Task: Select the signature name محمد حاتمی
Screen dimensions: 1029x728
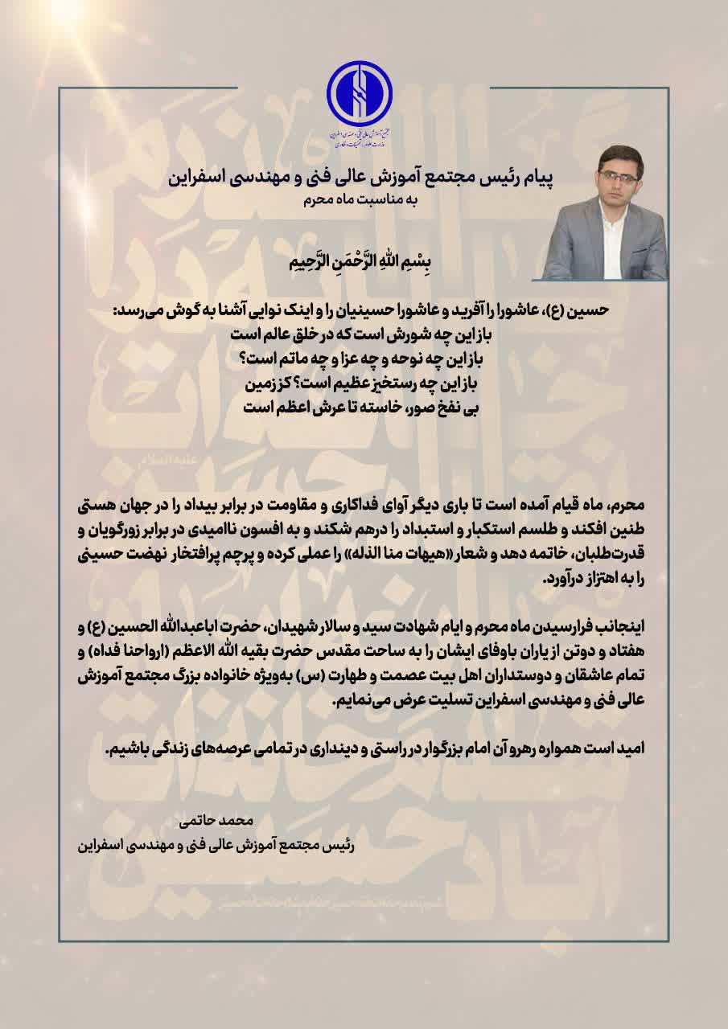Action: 219,821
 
